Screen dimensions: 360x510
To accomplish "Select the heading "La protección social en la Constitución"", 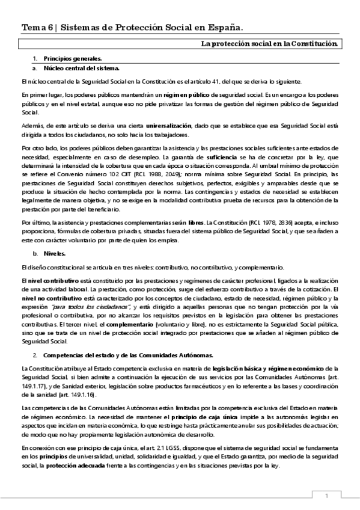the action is click(269, 44).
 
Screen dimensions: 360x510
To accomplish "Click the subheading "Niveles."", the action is click(57, 254).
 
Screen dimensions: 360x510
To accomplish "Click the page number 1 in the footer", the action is click(326, 496).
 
